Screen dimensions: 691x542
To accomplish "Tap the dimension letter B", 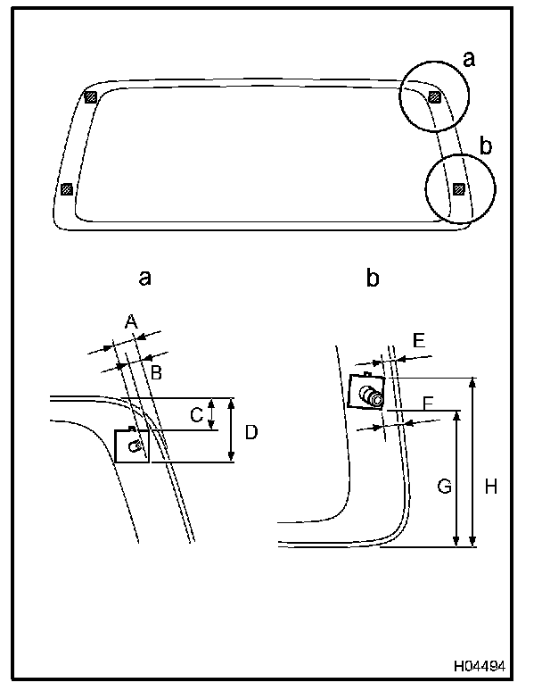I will coord(156,372).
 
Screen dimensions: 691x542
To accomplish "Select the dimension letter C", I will coord(196,413).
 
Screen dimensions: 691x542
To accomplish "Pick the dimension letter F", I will coord(428,404).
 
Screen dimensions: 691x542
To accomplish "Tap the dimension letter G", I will coord(443,487).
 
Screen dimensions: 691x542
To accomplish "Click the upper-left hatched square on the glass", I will coord(89,96).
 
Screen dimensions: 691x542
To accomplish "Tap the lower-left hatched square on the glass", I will coord(65,189).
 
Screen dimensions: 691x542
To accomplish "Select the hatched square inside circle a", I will coord(434,96).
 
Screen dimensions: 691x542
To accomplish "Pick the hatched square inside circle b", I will coord(458,188).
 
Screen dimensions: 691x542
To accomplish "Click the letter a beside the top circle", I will coord(469,60).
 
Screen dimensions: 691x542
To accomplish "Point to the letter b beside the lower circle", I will coord(485,145).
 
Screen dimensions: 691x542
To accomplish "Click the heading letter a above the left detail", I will coord(144,278).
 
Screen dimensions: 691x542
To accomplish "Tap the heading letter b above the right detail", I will coord(373,278).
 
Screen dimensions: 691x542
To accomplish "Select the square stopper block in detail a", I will coord(132,445).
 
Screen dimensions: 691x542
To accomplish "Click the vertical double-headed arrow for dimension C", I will coord(211,414).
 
